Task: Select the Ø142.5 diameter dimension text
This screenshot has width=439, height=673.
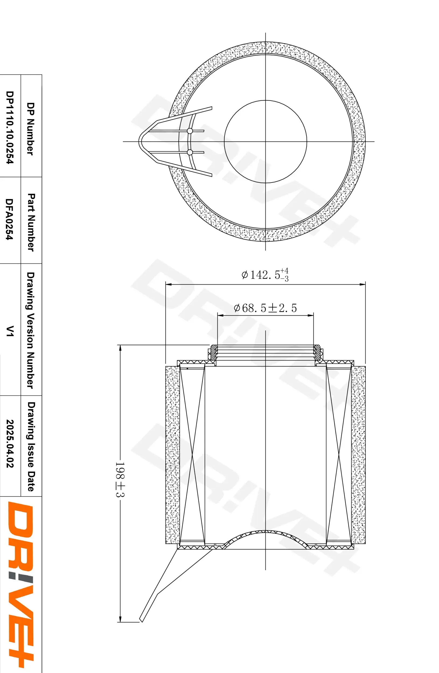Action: pyautogui.click(x=265, y=275)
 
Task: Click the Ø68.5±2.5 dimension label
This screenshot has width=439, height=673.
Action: pyautogui.click(x=265, y=308)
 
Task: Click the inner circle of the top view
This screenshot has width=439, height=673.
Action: pyautogui.click(x=265, y=141)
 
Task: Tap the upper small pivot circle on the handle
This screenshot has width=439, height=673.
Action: pyautogui.click(x=190, y=131)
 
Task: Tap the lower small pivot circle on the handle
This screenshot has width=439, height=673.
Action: pyautogui.click(x=190, y=152)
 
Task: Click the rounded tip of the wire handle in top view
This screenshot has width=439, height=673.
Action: pyautogui.click(x=140, y=141)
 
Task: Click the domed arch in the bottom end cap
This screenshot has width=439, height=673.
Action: pyautogui.click(x=265, y=533)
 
